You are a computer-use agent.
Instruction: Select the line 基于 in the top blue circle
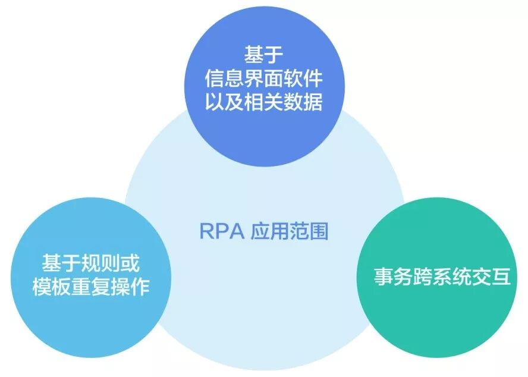[x=263, y=55]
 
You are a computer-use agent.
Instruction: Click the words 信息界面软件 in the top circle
[x=263, y=78]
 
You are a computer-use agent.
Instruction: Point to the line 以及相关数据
[x=263, y=102]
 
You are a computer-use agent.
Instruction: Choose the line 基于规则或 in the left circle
[x=90, y=264]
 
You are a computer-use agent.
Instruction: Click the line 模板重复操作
[x=90, y=288]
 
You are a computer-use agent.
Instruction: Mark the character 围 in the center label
[x=319, y=231]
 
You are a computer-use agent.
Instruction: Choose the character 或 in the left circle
[x=130, y=264]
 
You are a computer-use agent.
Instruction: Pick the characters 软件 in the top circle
[x=303, y=78]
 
